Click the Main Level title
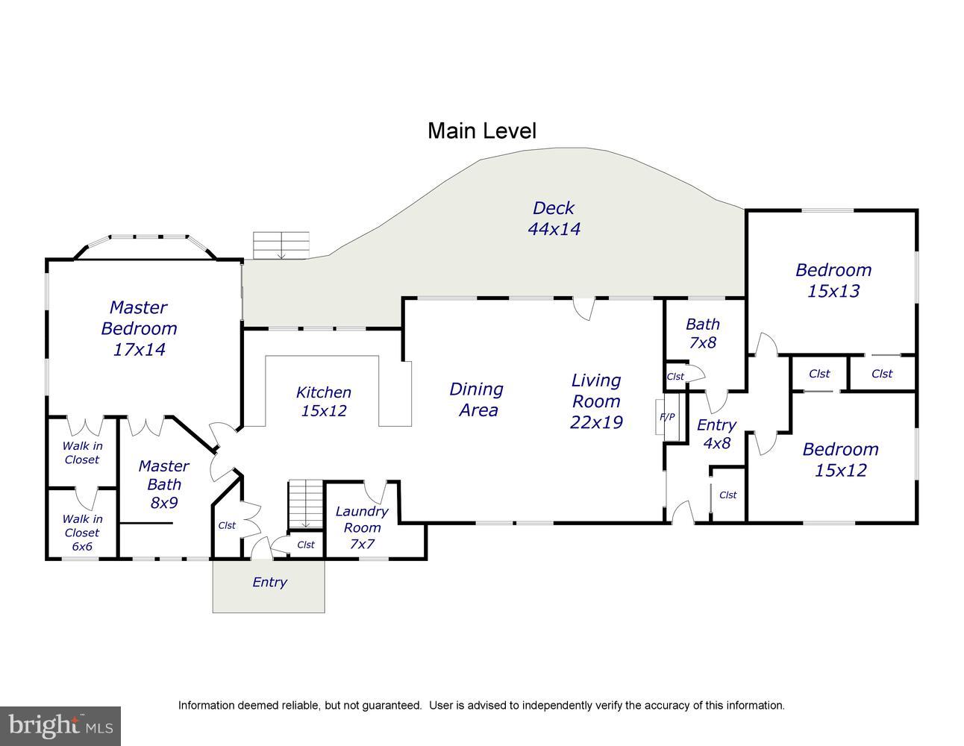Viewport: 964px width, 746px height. [482, 131]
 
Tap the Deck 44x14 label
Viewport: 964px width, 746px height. [554, 219]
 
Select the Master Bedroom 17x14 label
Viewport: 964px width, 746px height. [139, 328]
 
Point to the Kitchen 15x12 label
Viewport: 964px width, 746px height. [323, 401]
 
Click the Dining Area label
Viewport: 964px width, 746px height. [477, 400]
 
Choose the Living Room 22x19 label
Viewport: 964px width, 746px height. [596, 401]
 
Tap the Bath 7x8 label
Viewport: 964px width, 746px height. [703, 333]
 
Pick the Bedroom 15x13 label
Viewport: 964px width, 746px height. [833, 280]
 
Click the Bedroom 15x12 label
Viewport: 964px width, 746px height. [841, 460]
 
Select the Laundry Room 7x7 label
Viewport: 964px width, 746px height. [362, 527]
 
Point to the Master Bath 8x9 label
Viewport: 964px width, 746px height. [163, 484]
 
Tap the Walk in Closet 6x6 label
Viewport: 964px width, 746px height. [82, 532]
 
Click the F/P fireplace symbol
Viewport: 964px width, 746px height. [667, 417]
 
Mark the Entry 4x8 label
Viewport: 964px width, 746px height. [716, 433]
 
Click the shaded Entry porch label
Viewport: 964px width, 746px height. [269, 582]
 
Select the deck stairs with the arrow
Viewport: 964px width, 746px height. [281, 245]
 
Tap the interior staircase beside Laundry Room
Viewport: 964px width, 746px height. [306, 504]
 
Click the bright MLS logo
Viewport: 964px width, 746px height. [60, 726]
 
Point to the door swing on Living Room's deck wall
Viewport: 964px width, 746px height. [583, 309]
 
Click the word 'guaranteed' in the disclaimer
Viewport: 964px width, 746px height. [392, 705]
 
